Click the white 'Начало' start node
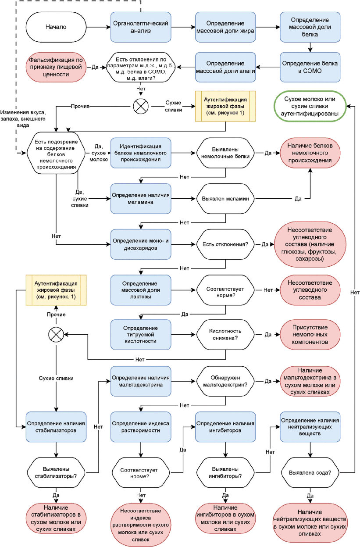point(56,27)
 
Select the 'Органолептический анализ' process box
point(141,27)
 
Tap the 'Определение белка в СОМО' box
point(310,67)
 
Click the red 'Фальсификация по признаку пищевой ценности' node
point(56,67)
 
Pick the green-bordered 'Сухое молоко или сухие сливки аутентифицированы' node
point(310,106)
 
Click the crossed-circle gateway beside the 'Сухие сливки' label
point(141,106)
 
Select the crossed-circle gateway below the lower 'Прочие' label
point(56,335)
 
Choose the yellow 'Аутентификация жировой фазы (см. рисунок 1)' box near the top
point(225,106)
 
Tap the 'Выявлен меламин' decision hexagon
point(225,199)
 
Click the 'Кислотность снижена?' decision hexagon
point(225,335)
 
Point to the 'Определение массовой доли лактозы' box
point(141,290)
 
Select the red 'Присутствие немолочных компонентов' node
point(310,335)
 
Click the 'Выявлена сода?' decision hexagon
point(310,472)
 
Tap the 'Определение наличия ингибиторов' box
point(225,427)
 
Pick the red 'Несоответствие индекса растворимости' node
point(141,525)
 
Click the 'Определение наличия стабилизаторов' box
point(56,427)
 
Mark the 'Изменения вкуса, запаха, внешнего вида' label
point(23,119)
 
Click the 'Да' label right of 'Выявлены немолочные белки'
point(268,153)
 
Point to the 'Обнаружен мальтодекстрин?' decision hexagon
point(225,381)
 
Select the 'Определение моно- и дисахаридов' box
point(141,244)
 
